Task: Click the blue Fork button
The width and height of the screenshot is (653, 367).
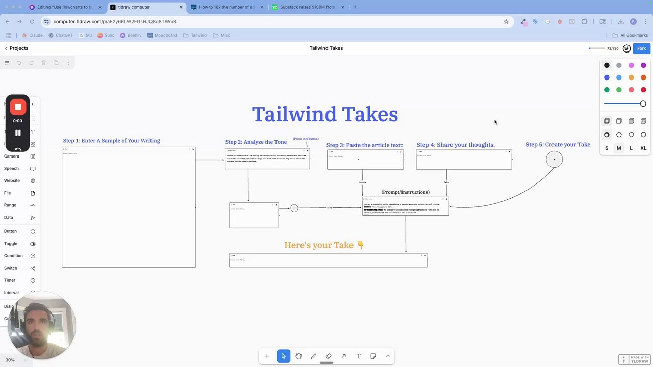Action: pyautogui.click(x=641, y=48)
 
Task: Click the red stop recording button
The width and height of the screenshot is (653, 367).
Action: pyautogui.click(x=18, y=107)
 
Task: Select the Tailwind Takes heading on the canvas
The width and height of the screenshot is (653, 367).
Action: pyautogui.click(x=325, y=114)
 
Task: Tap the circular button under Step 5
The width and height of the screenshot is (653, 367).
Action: pyautogui.click(x=554, y=159)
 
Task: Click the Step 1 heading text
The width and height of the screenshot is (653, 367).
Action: pyautogui.click(x=111, y=141)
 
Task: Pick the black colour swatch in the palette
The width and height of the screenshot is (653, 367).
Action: pyautogui.click(x=607, y=65)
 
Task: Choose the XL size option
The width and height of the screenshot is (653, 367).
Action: pyautogui.click(x=643, y=148)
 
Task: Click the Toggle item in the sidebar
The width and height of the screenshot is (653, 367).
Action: pyautogui.click(x=11, y=244)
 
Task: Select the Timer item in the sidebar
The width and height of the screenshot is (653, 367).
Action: pyautogui.click(x=10, y=280)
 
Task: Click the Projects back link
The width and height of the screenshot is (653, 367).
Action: pyautogui.click(x=16, y=48)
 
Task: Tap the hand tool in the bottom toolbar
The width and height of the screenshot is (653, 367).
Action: pyautogui.click(x=298, y=356)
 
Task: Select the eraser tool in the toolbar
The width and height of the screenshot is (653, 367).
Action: pyautogui.click(x=329, y=356)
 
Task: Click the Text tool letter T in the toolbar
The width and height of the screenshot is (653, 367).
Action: pyautogui.click(x=358, y=356)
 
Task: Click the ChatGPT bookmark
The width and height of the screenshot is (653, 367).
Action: pyautogui.click(x=61, y=35)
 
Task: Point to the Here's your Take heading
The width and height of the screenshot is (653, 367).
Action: pyautogui.click(x=324, y=245)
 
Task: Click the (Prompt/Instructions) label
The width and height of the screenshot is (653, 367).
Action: pyautogui.click(x=405, y=192)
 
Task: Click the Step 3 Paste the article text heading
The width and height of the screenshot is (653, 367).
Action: pyautogui.click(x=364, y=145)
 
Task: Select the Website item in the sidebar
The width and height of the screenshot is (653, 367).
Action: pyautogui.click(x=12, y=180)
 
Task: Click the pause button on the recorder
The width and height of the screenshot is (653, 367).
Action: pyautogui.click(x=18, y=133)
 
